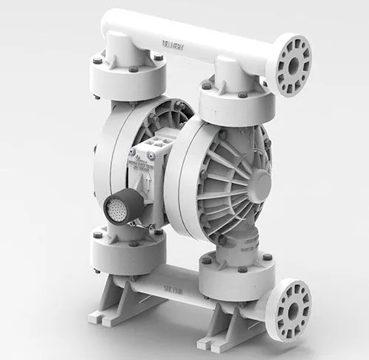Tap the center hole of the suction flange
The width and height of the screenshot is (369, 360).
pyautogui.click(x=293, y=308)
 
